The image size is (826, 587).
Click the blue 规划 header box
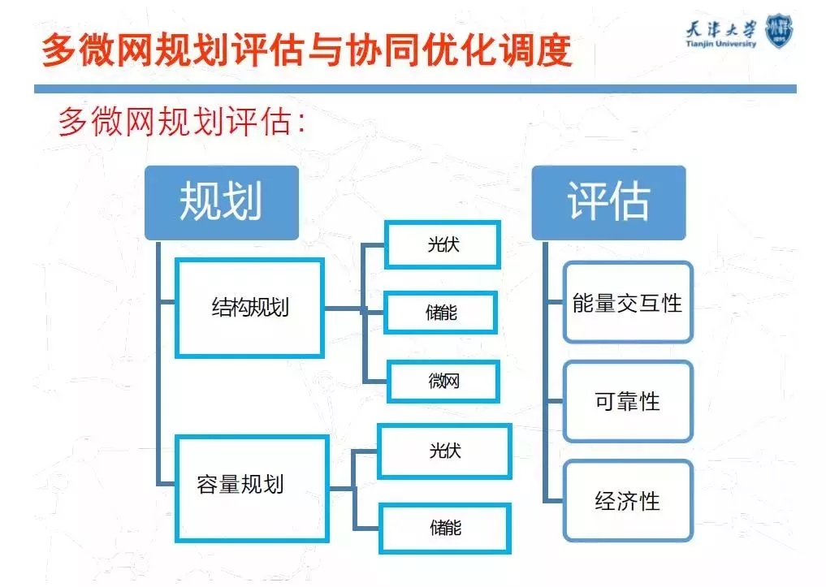(x=221, y=202)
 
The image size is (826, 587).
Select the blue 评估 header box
(x=608, y=202)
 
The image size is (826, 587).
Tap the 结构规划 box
(x=249, y=308)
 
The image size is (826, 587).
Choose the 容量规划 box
(x=252, y=487)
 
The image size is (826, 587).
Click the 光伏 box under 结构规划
(x=442, y=244)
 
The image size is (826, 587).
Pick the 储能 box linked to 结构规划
(x=440, y=312)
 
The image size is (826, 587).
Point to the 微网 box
(x=443, y=380)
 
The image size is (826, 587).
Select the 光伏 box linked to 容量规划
(x=444, y=451)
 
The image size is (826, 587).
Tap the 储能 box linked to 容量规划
(x=444, y=527)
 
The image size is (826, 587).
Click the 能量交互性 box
(x=628, y=303)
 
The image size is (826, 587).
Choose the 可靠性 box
(x=628, y=401)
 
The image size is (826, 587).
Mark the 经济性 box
(x=628, y=500)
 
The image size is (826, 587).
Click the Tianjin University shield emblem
(x=779, y=29)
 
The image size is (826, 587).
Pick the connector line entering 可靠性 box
(x=555, y=401)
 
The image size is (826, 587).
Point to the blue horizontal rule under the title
(x=414, y=88)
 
